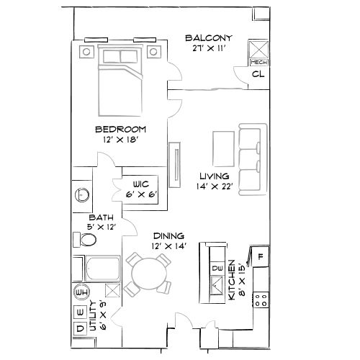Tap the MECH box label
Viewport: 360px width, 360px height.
[257, 63]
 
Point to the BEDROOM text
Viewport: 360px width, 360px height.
[121, 129]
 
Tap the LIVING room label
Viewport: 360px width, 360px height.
[214, 176]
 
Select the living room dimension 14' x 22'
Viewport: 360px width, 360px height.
[214, 186]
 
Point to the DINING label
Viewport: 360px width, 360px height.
[168, 235]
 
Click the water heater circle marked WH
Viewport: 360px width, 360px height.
[81, 292]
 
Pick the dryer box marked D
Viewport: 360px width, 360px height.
[80, 328]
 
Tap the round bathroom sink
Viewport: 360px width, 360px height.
[82, 194]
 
